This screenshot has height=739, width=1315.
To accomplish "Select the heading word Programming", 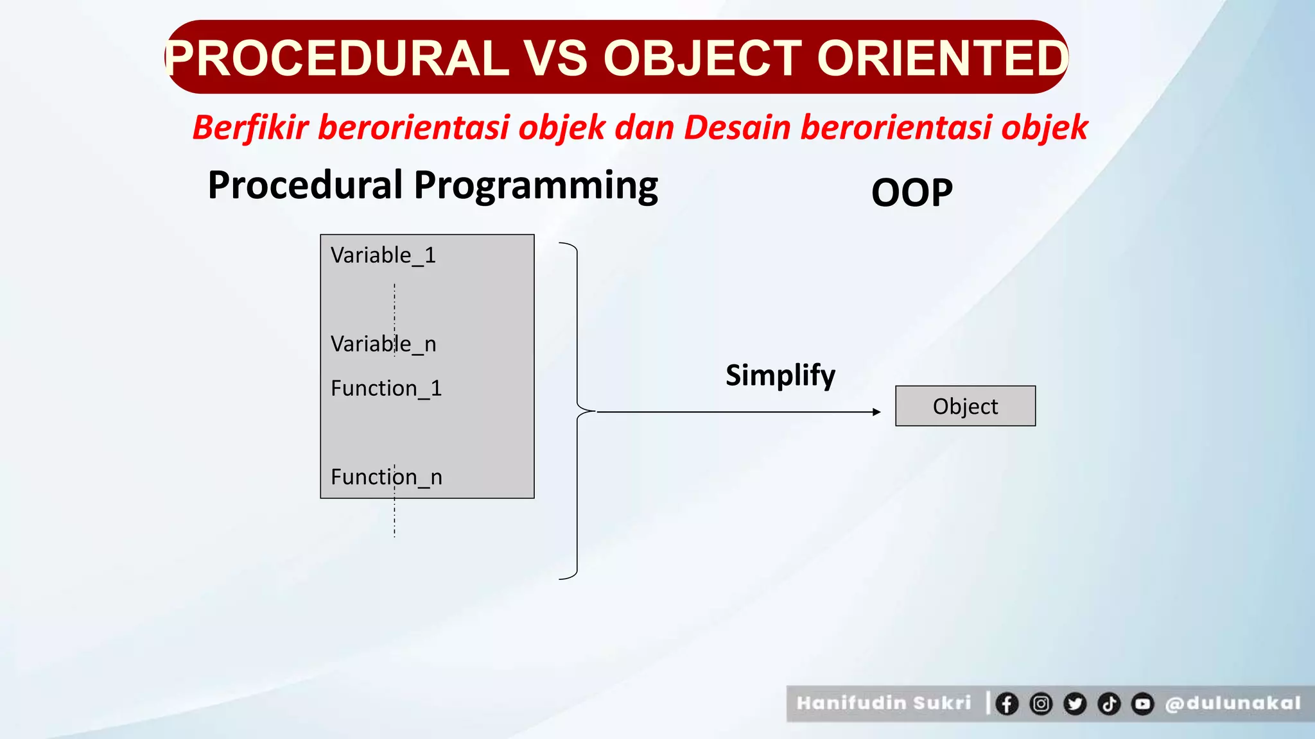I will coord(536,186).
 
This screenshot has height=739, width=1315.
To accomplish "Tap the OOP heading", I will coord(912,192).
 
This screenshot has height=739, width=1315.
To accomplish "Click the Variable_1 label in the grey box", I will coord(383,255).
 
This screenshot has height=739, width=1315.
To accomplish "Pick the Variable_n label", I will coord(383,344).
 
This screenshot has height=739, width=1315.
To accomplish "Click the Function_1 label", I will coord(386,389).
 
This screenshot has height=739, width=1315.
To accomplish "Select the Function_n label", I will coord(386,477).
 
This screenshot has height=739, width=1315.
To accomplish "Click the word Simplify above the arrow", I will coord(780,375).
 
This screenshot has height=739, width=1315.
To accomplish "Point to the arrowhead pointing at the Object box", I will coord(877,412).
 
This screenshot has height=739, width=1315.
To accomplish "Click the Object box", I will coord(965,406).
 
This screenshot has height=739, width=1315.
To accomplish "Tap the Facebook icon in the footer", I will coord(1007,704).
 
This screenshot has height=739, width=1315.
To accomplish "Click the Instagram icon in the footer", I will coord(1041,704).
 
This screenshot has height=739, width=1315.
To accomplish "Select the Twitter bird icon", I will coord(1075,704).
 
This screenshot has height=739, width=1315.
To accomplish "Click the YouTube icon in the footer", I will coord(1143,704).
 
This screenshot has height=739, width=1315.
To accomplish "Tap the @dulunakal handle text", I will coord(1233,704).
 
